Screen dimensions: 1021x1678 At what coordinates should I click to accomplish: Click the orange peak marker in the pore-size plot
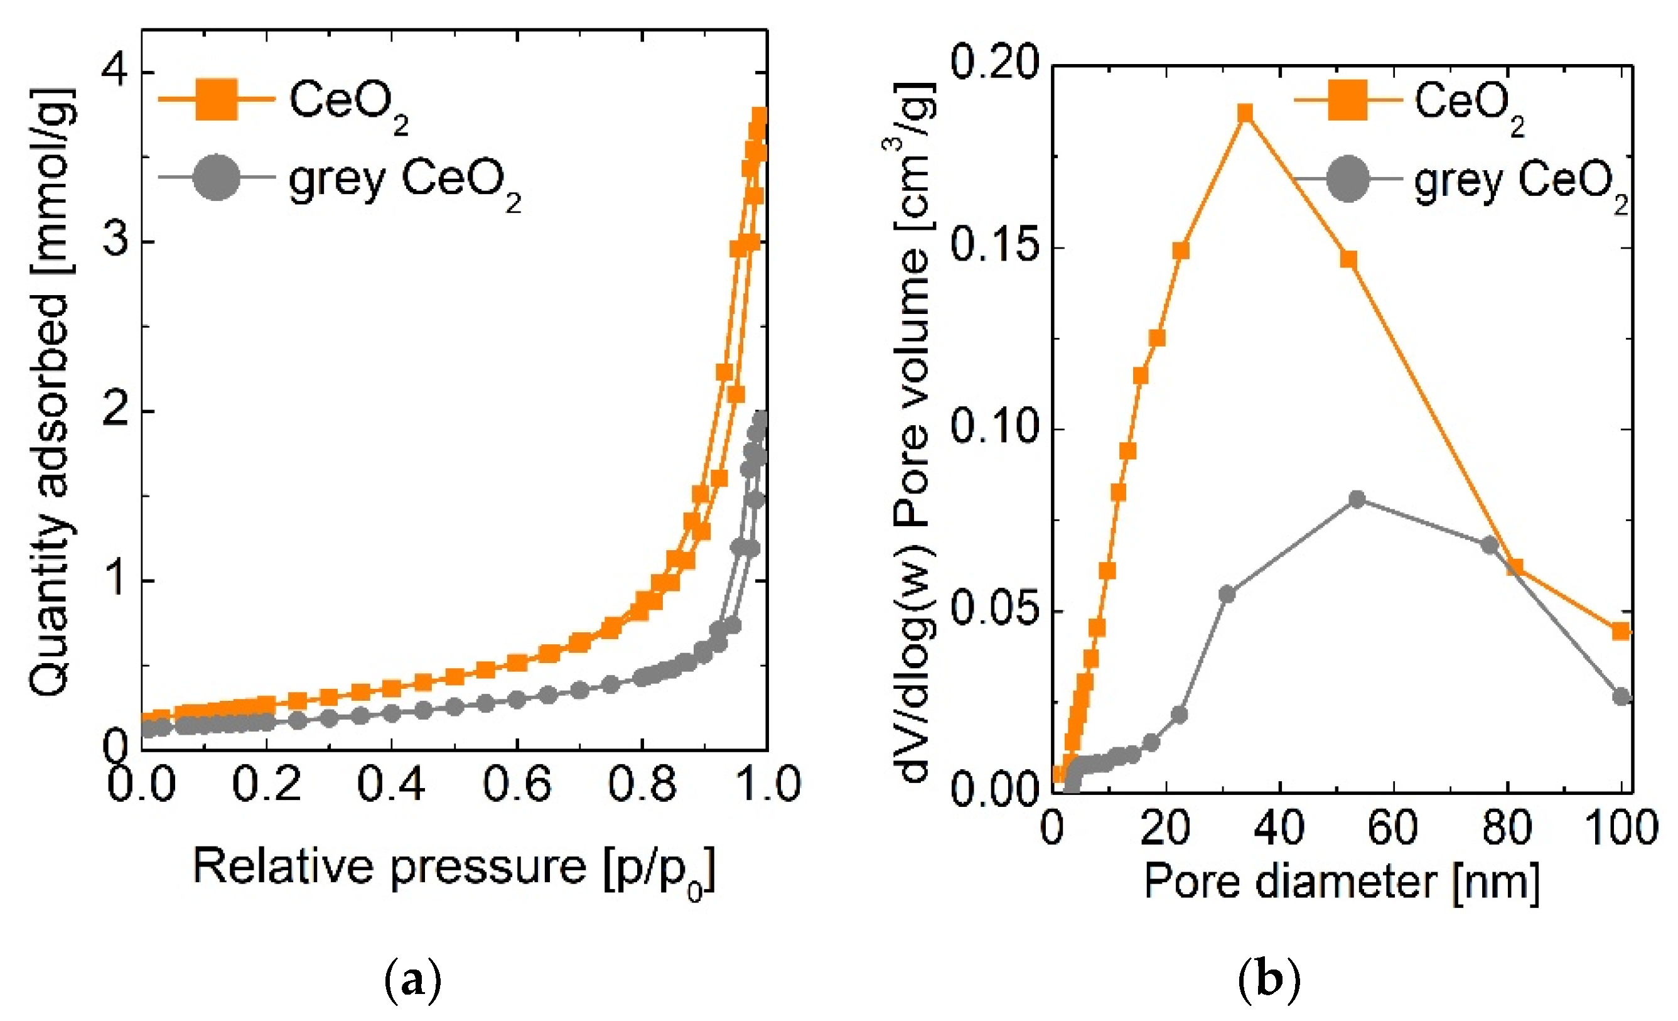click(1245, 113)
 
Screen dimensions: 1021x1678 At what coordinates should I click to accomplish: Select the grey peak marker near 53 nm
click(1357, 499)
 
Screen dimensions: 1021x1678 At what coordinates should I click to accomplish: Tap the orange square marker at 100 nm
click(1622, 632)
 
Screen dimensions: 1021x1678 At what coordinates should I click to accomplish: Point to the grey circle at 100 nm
click(1622, 697)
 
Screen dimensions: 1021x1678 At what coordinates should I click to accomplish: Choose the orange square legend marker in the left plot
click(217, 100)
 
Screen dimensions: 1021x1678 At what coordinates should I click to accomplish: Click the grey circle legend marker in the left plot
click(217, 178)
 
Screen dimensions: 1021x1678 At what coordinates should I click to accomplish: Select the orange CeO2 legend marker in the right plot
click(1348, 100)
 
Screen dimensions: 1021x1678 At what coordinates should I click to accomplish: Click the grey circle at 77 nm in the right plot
click(1490, 545)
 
